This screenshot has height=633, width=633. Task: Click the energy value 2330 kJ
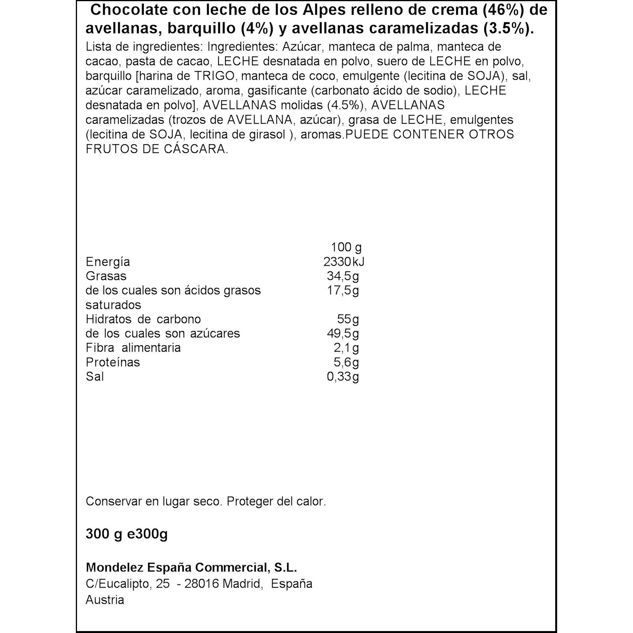[343, 262]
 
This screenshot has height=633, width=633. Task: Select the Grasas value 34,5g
[343, 276]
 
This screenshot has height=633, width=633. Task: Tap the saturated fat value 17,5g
[343, 290]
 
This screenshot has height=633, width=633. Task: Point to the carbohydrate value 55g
[347, 319]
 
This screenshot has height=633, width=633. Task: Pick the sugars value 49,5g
[343, 333]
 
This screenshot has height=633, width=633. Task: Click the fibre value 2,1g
[346, 348]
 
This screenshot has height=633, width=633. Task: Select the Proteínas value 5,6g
[346, 362]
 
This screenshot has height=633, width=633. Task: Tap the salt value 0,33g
[343, 377]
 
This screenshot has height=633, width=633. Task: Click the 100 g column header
[346, 247]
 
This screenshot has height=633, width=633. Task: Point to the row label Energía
[108, 262]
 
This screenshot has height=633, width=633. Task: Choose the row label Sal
[95, 377]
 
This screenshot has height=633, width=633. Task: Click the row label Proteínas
[113, 362]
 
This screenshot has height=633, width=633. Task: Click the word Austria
[105, 600]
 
